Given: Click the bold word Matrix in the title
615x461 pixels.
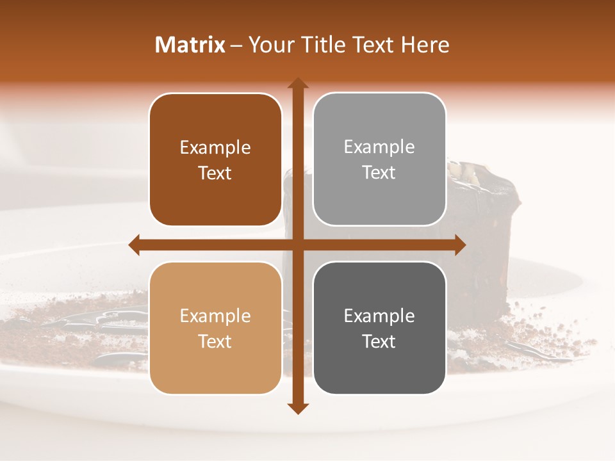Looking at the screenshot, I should pyautogui.click(x=190, y=45).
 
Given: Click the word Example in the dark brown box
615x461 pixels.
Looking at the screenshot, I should pyautogui.click(x=215, y=148).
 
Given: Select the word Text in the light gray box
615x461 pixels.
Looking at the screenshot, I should pyautogui.click(x=379, y=173).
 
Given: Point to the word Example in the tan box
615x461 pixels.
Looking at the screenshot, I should pyautogui.click(x=215, y=316).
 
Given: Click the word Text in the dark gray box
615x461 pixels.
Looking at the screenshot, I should pyautogui.click(x=379, y=342).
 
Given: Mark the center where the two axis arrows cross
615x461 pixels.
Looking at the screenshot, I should pyautogui.click(x=297, y=245).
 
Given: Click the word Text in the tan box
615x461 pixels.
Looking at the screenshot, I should pyautogui.click(x=215, y=342).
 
